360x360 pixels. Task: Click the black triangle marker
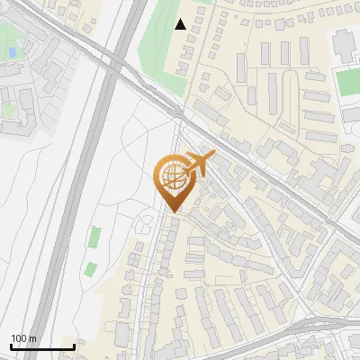point(181,24)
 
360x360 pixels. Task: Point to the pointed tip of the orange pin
point(174,212)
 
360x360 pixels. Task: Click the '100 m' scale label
point(23,338)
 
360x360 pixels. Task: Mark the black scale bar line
point(42,346)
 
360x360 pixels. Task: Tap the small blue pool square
point(12,53)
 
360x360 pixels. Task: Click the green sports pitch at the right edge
point(348,81)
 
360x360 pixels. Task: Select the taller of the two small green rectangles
point(94,238)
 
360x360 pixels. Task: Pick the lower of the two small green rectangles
point(90,269)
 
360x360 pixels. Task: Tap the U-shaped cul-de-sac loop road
point(290,85)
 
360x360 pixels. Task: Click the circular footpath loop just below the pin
point(146,221)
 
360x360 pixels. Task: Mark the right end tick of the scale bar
point(74,346)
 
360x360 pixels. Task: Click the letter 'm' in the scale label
point(32,338)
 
